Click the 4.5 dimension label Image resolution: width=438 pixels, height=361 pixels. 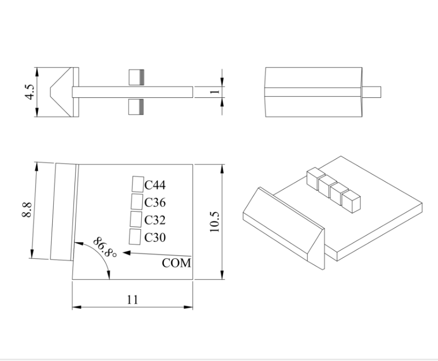pyautogui.click(x=31, y=92)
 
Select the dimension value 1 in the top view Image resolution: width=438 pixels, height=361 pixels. pyautogui.click(x=214, y=91)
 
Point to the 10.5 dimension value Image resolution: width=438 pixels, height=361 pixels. pyautogui.click(x=214, y=220)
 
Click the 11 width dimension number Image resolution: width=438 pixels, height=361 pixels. pyautogui.click(x=133, y=300)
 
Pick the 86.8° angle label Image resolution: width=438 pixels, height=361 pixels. pyautogui.click(x=105, y=247)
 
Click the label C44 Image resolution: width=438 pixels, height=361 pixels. pyautogui.click(x=155, y=185)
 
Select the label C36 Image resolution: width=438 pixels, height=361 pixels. pyautogui.click(x=155, y=203)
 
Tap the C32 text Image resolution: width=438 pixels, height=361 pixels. pyautogui.click(x=155, y=220)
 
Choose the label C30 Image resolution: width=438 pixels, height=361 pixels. pyautogui.click(x=155, y=237)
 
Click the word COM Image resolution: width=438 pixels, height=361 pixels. pyautogui.click(x=176, y=263)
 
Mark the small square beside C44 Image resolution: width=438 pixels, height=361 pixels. pyautogui.click(x=138, y=184)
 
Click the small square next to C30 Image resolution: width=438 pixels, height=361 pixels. pyautogui.click(x=135, y=236)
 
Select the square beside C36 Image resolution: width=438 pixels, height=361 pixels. pyautogui.click(x=137, y=202)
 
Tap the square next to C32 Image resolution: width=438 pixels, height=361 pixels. pyautogui.click(x=136, y=219)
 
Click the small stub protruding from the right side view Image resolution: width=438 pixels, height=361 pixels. pyautogui.click(x=373, y=91)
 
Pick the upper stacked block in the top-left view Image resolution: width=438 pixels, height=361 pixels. pyautogui.click(x=137, y=77)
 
